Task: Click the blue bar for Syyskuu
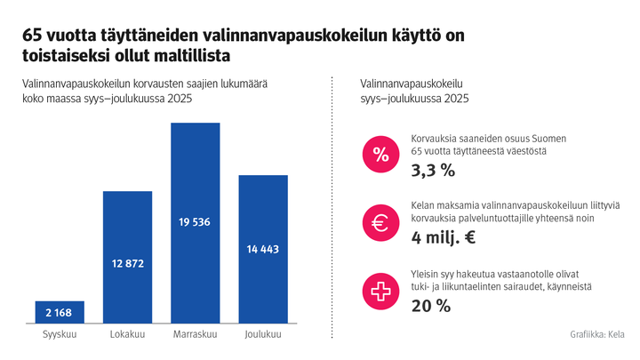[x=60, y=312]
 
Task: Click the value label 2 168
[x=60, y=313]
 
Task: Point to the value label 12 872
[x=128, y=264]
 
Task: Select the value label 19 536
[x=196, y=222]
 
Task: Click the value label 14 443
[x=263, y=249]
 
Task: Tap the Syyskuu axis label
[x=60, y=334]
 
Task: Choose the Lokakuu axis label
[x=128, y=334]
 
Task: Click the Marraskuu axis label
[x=196, y=334]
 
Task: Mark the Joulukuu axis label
[x=263, y=334]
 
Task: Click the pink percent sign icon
[x=380, y=156]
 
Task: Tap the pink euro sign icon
[x=380, y=223]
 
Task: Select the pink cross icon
[x=380, y=291]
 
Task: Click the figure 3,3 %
[x=433, y=170]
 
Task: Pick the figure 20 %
[x=431, y=306]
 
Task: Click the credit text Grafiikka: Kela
[x=596, y=334]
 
